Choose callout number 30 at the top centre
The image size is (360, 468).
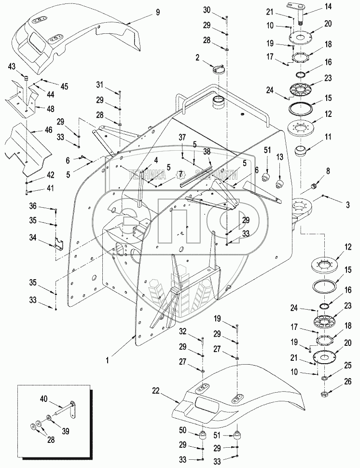coord(221,10)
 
